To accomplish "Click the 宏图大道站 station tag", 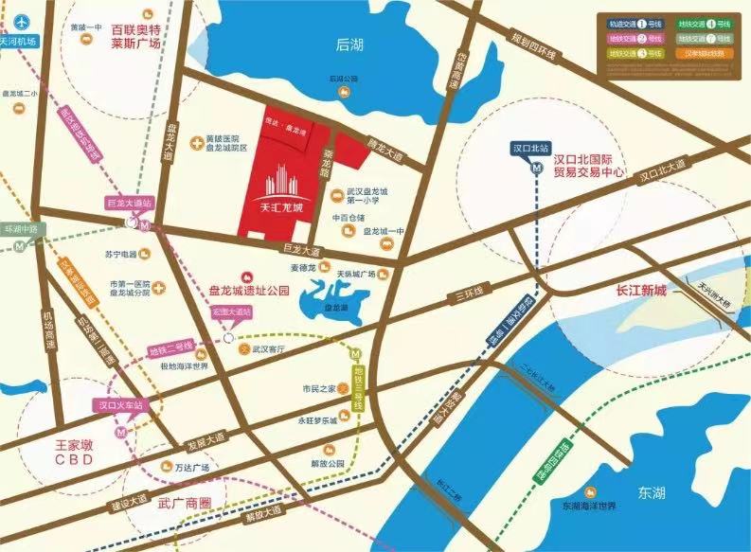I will pyautogui.click(x=233, y=312).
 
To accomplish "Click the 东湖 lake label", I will pyautogui.click(x=652, y=492).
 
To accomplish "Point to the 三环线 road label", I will pyautogui.click(x=468, y=293).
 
